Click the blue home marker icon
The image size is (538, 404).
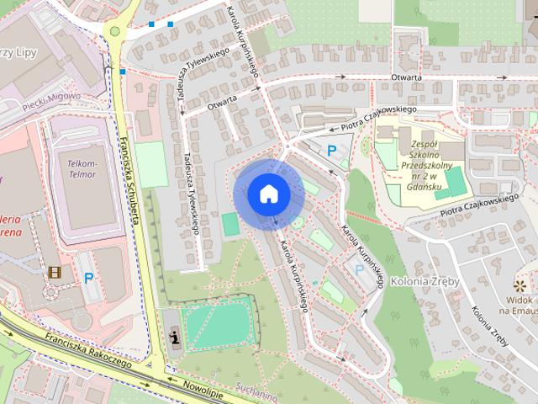(268, 193)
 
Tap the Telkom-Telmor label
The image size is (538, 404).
(82, 168)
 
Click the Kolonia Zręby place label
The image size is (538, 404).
(425, 281)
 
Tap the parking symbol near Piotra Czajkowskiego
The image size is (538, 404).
(332, 150)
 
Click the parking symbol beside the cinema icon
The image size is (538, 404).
(88, 278)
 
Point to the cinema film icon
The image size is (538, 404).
(55, 272)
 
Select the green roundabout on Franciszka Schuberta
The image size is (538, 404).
(115, 31)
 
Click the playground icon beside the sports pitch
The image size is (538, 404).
(174, 338)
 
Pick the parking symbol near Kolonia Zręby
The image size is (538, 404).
(360, 269)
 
